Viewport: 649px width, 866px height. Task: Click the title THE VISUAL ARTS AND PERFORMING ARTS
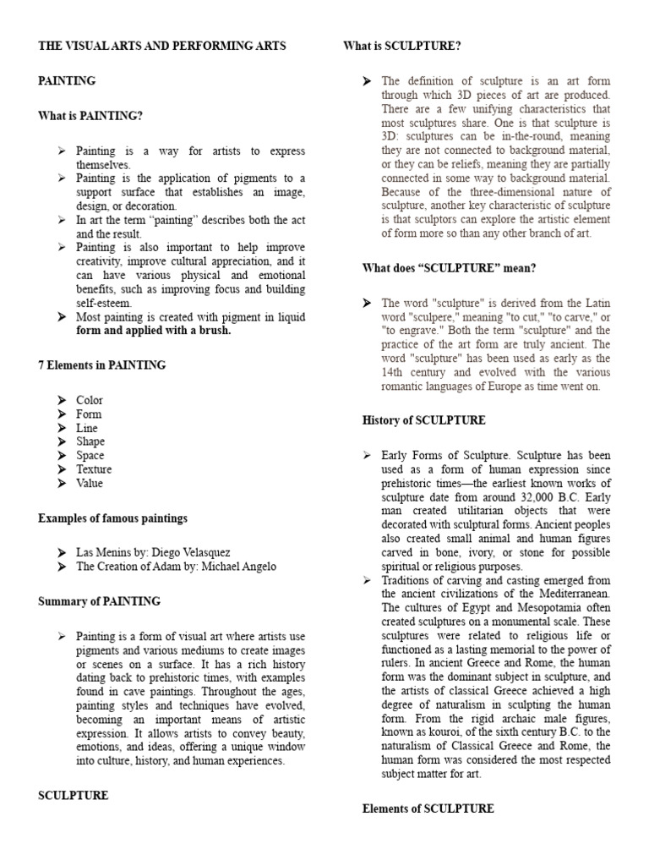tap(162, 46)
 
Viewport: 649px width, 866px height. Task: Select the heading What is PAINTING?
tap(90, 116)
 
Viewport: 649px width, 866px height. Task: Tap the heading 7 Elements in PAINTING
tap(102, 365)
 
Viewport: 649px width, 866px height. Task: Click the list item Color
tap(90, 400)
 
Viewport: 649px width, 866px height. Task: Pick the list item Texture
tap(94, 469)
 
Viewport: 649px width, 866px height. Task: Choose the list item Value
tap(90, 483)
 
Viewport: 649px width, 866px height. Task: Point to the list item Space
tap(90, 455)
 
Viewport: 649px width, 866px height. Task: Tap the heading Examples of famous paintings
tap(113, 518)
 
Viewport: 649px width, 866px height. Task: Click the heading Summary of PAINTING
tap(99, 601)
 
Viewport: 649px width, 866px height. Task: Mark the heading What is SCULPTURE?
tap(402, 46)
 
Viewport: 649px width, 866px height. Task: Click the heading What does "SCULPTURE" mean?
tap(450, 268)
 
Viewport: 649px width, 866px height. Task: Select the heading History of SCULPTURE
tap(424, 420)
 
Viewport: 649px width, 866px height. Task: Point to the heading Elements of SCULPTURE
tap(428, 808)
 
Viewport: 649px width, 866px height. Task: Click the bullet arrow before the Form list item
tap(62, 414)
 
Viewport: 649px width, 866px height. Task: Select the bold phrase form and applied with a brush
tap(154, 331)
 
